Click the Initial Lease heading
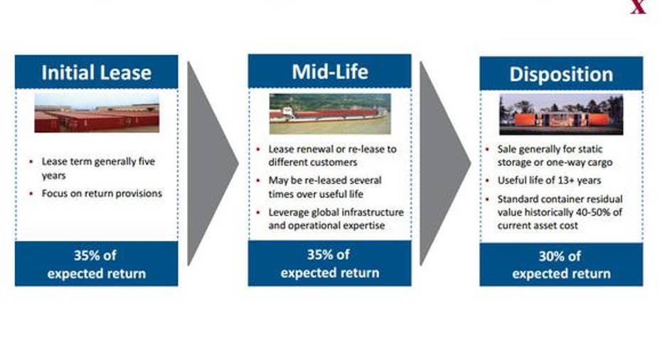tap(96, 73)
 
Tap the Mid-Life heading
tap(330, 72)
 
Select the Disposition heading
tap(561, 75)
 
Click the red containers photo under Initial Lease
tap(97, 113)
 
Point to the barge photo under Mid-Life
tap(330, 114)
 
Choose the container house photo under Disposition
tap(561, 115)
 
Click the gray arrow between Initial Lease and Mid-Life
tap(213, 164)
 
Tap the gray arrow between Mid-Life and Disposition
tap(445, 164)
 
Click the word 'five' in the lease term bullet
tap(146, 162)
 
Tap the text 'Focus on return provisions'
tap(102, 194)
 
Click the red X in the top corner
tap(638, 7)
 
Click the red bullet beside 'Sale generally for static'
tap(487, 149)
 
